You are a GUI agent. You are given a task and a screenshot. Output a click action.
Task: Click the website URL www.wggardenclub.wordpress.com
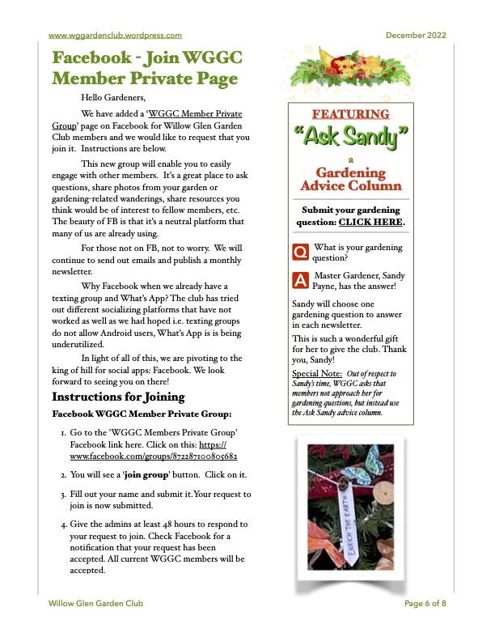(x=115, y=35)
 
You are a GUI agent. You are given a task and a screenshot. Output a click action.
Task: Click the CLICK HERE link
(x=371, y=222)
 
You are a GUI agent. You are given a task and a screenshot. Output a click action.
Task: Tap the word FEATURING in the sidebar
(x=350, y=114)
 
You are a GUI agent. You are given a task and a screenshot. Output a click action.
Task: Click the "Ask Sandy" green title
(x=350, y=136)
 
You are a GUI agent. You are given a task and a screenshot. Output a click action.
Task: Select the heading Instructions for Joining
(x=118, y=397)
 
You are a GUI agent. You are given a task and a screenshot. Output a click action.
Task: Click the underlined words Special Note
(x=316, y=373)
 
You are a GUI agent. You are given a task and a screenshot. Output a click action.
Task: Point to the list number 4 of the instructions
(x=64, y=524)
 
